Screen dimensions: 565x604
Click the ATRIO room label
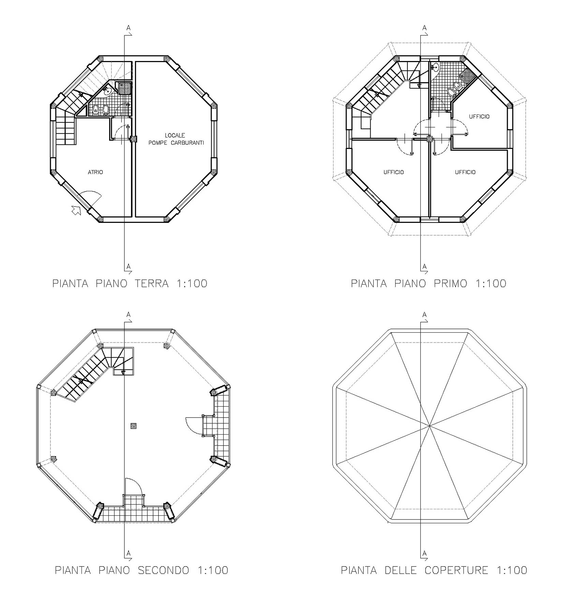pyautogui.click(x=95, y=172)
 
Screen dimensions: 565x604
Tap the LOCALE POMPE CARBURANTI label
pyautogui.click(x=176, y=139)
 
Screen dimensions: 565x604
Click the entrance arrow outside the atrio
pyautogui.click(x=76, y=210)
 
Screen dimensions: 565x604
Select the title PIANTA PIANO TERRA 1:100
pyautogui.click(x=130, y=283)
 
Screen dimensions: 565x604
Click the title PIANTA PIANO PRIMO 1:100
pyautogui.click(x=429, y=283)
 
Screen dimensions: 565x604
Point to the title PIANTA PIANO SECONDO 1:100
pyautogui.click(x=142, y=570)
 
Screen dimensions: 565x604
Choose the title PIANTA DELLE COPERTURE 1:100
pyautogui.click(x=434, y=570)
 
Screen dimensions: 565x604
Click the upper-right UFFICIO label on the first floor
pyautogui.click(x=479, y=117)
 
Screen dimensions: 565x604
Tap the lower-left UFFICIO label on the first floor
pyautogui.click(x=393, y=172)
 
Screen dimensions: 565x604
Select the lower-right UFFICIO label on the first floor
pyautogui.click(x=465, y=172)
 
